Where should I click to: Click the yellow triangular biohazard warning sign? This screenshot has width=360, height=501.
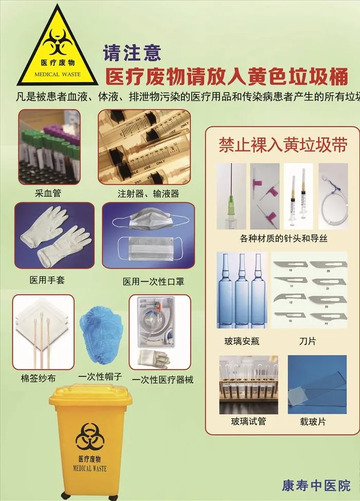point(57,49)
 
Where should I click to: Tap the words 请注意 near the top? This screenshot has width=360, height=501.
point(132,51)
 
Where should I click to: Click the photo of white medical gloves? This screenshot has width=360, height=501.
point(55,236)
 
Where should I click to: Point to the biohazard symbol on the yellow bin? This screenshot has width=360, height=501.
point(90,436)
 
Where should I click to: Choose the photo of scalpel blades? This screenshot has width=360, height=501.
point(309,290)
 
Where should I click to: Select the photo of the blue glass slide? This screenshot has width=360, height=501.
point(310,384)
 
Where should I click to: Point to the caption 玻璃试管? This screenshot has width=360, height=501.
point(248,422)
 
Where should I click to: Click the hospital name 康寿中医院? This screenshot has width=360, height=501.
point(316,485)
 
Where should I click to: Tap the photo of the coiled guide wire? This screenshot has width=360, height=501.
point(333,196)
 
